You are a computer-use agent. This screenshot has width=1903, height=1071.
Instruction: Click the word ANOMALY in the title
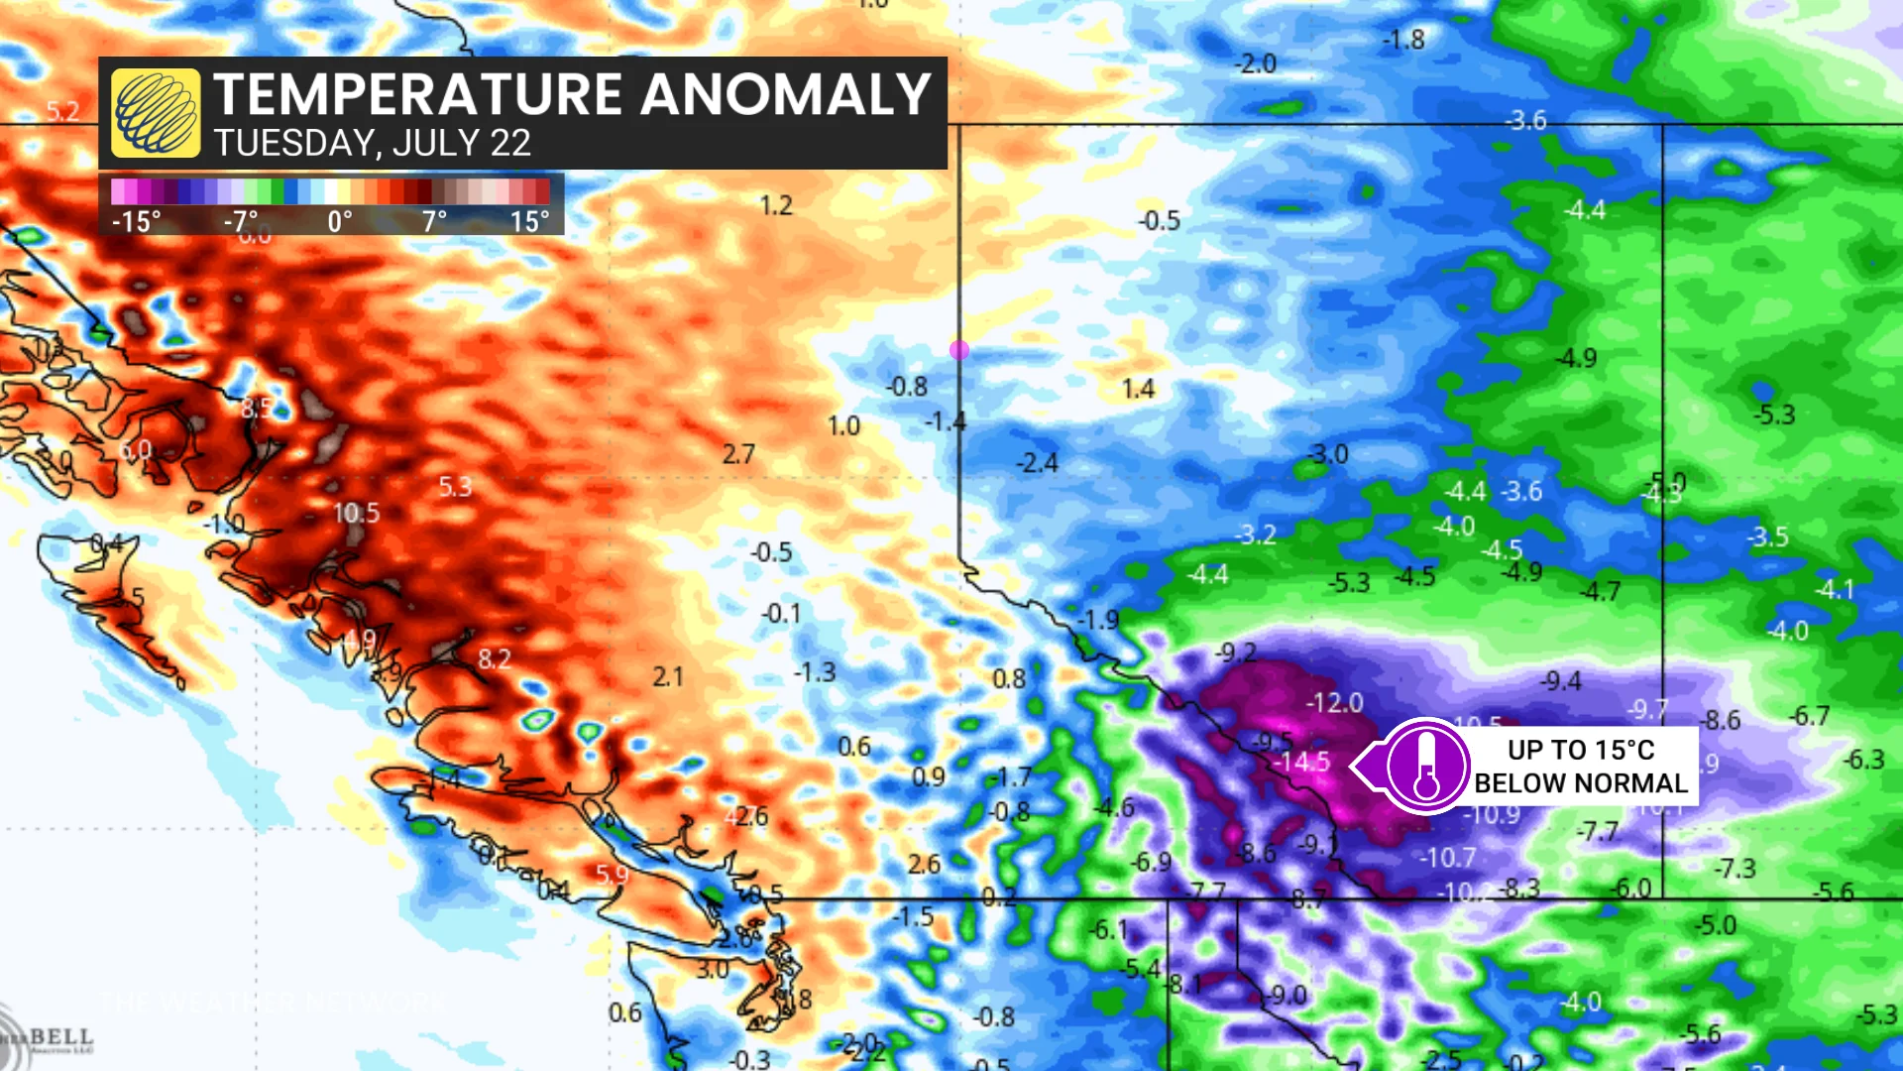click(x=785, y=94)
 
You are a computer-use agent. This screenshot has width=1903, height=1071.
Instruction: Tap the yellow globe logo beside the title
click(x=156, y=113)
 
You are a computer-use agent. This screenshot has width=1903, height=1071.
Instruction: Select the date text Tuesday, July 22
click(x=373, y=144)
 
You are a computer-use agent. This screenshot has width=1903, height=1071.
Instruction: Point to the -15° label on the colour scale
click(x=136, y=221)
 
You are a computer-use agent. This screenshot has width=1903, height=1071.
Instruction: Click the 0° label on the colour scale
click(x=340, y=221)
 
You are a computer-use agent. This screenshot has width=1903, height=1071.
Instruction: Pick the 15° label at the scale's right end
click(x=529, y=221)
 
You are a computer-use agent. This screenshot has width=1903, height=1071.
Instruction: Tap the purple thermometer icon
click(x=1426, y=766)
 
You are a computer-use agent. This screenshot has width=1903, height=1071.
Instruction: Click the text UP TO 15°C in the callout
click(x=1581, y=750)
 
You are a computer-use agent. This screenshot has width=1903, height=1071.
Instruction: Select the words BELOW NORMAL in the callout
click(x=1581, y=783)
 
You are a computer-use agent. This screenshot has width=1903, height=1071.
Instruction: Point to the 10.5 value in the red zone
click(x=356, y=513)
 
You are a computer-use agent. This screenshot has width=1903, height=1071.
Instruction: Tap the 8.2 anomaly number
click(x=495, y=659)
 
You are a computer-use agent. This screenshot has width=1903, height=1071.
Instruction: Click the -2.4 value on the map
click(x=1037, y=463)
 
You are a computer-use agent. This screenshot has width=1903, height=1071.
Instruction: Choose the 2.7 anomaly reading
click(x=738, y=454)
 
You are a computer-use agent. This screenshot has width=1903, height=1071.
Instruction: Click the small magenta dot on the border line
click(x=958, y=350)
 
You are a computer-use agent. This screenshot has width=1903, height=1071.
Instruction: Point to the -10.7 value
click(x=1449, y=858)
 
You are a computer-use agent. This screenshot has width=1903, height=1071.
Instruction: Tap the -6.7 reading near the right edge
click(x=1809, y=715)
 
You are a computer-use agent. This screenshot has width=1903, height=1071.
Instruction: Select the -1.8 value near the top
click(x=1403, y=40)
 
